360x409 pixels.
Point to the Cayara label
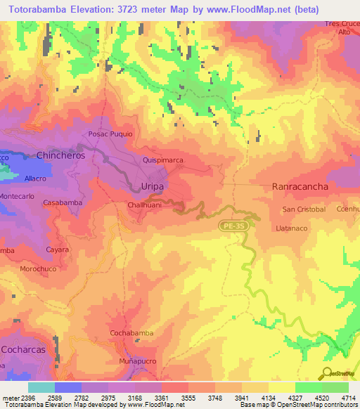point(56,249)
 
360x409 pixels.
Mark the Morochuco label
point(38,269)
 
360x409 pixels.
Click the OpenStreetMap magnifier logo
point(327,373)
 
